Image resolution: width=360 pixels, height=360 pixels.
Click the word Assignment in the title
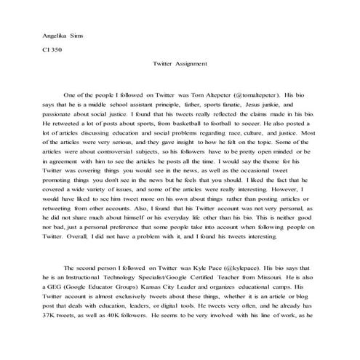(191, 64)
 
